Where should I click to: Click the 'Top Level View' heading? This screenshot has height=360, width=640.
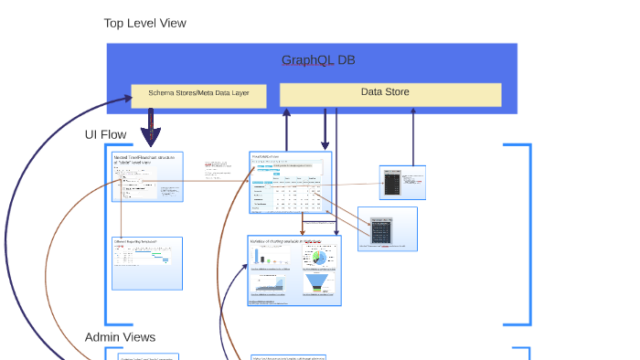(144, 23)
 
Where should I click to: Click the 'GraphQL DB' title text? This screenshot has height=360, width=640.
(318, 60)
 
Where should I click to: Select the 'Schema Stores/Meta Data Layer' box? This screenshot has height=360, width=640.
(198, 93)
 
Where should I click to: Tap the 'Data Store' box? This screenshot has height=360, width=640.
(389, 92)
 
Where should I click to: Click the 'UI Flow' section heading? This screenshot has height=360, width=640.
(105, 134)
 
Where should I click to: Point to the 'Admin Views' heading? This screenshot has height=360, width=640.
(120, 337)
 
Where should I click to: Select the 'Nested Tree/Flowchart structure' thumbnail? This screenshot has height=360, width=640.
(147, 176)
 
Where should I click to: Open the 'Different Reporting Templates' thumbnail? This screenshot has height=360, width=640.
(147, 263)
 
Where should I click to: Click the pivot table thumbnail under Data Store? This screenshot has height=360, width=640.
(290, 183)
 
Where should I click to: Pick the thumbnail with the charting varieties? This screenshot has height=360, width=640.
(293, 270)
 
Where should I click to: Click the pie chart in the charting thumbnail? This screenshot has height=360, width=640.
(320, 258)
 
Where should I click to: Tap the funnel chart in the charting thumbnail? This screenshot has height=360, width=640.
(319, 284)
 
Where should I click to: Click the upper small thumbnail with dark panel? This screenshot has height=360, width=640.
(402, 183)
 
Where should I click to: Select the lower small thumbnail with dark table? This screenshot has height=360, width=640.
(387, 228)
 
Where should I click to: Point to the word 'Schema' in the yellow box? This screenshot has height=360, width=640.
(160, 93)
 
